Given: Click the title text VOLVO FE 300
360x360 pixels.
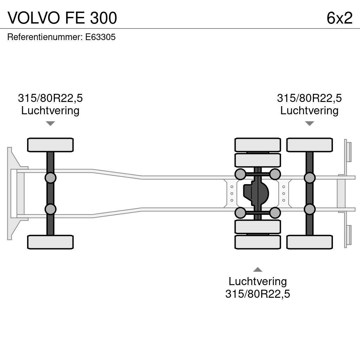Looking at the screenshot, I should pyautogui.click(x=62, y=18).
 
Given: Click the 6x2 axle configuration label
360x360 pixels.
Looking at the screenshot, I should pyautogui.click(x=339, y=18).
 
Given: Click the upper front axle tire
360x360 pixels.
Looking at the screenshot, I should pyautogui.click(x=50, y=145).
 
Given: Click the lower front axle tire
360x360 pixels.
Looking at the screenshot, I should pyautogui.click(x=50, y=242).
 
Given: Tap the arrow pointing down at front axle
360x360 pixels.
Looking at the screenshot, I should pyautogui.click(x=50, y=123).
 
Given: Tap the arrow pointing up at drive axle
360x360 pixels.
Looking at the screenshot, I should pyautogui.click(x=258, y=270).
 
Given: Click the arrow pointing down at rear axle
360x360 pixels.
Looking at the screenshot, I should pyautogui.click(x=309, y=123).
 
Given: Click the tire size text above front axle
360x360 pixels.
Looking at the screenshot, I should pyautogui.click(x=50, y=98).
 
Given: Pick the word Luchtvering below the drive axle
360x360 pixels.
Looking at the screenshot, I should pyautogui.click(x=258, y=281).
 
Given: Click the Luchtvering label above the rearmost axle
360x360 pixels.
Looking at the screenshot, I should pyautogui.click(x=309, y=110).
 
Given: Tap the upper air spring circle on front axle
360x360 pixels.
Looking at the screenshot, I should pyautogui.click(x=50, y=178).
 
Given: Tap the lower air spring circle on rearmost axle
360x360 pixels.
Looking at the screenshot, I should pyautogui.click(x=309, y=209).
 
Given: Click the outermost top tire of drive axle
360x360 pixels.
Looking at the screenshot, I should pyautogui.click(x=258, y=145).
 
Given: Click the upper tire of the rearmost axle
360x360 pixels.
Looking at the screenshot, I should pyautogui.click(x=309, y=145).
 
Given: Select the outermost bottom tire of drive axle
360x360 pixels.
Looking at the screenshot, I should pyautogui.click(x=258, y=242).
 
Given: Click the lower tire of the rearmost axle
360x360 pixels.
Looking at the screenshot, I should pyautogui.click(x=309, y=242).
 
